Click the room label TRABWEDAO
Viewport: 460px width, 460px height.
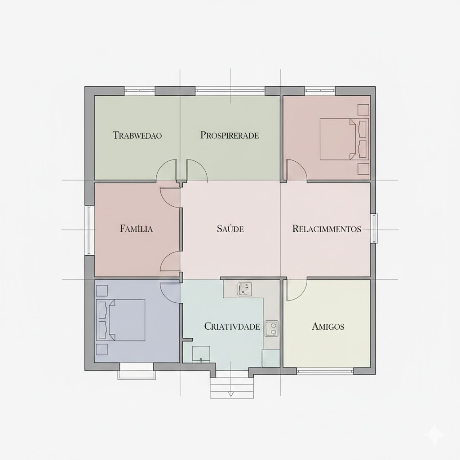pos(137,135)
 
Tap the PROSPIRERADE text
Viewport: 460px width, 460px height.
pos(230,135)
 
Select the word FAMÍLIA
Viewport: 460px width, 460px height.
pos(137,229)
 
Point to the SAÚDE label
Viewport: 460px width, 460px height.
pos(230,229)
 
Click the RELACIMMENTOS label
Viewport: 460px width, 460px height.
pos(327,229)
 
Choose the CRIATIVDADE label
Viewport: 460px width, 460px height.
pos(232,327)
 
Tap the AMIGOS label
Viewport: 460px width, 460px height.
pos(328,327)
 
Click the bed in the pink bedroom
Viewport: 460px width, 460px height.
pos(340,139)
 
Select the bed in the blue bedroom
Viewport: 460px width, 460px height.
pos(124,320)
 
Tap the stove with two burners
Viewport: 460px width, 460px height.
pos(271,328)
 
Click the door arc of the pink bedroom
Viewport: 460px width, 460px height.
pos(296,171)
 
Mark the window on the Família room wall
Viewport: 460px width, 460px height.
pos(89,230)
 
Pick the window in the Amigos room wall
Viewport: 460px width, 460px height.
pos(324,371)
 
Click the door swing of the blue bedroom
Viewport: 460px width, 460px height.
pos(171,292)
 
